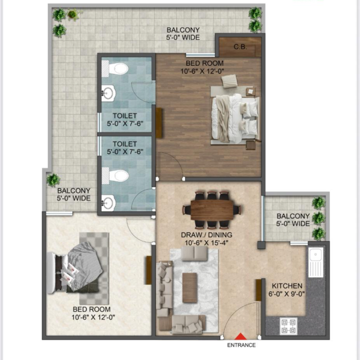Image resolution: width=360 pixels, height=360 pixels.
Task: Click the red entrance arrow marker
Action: pyautogui.click(x=241, y=336)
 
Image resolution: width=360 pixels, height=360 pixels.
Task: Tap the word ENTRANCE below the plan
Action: pyautogui.click(x=241, y=345)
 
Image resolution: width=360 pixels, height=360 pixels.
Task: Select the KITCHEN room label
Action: pyautogui.click(x=287, y=286)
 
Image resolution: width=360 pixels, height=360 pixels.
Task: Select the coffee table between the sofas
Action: pyautogui.click(x=189, y=288)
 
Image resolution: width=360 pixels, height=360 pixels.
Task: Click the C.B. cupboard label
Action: pyautogui.click(x=240, y=47)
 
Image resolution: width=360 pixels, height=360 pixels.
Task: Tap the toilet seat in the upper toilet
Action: pyautogui.click(x=118, y=69)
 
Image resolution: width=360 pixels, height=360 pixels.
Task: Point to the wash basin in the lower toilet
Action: pyautogui.click(x=108, y=203)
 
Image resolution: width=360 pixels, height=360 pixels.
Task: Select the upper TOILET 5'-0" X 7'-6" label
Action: pyautogui.click(x=125, y=120)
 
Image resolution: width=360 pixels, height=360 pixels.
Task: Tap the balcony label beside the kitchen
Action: pyautogui.click(x=294, y=220)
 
